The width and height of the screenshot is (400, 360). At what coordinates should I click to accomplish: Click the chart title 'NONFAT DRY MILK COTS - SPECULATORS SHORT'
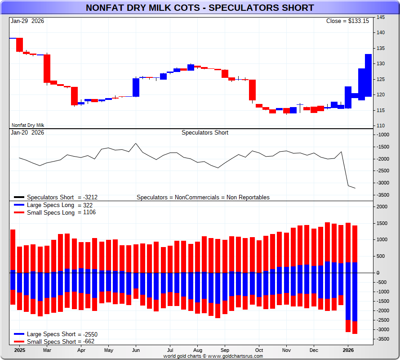pyautogui.click(x=200, y=8)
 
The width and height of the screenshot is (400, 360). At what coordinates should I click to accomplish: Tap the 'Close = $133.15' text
pyautogui.click(x=347, y=21)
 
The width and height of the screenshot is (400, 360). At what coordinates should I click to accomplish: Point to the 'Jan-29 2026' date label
pyautogui.click(x=28, y=21)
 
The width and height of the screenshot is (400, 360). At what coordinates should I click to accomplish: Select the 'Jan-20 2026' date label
pyautogui.click(x=28, y=133)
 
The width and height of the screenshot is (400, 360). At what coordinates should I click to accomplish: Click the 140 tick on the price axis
pyautogui.click(x=380, y=32)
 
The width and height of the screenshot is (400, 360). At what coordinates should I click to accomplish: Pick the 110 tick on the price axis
pyautogui.click(x=380, y=126)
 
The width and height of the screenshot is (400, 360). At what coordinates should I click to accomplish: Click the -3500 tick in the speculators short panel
pyautogui.click(x=383, y=195)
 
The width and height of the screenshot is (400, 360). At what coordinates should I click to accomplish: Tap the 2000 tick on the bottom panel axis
pyautogui.click(x=382, y=207)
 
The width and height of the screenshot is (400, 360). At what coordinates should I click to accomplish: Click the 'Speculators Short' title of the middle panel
pyautogui.click(x=205, y=133)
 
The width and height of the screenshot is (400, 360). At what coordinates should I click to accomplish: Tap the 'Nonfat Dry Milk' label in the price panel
pyautogui.click(x=28, y=125)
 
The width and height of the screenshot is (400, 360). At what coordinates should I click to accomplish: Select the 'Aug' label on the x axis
pyautogui.click(x=197, y=350)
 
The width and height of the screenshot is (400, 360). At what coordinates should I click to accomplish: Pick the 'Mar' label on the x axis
pyautogui.click(x=47, y=350)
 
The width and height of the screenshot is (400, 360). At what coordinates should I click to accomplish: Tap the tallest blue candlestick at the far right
pyautogui.click(x=368, y=75)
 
